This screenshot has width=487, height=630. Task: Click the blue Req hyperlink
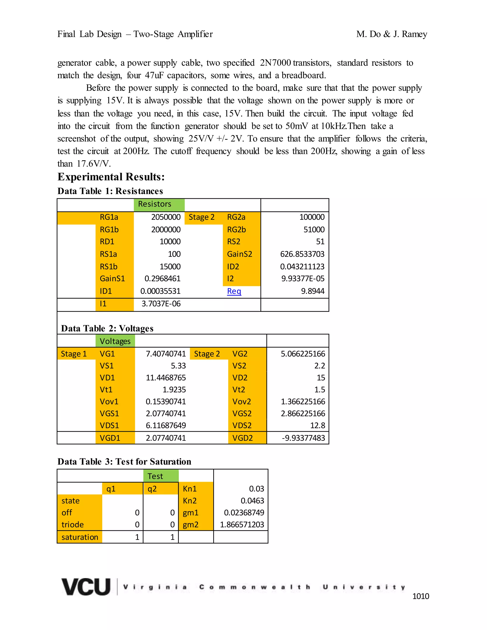[234, 291]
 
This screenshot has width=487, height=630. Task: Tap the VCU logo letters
[86, 587]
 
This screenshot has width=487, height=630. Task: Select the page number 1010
[420, 596]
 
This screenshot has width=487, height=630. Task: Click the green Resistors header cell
[155, 204]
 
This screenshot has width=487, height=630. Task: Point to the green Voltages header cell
[115, 341]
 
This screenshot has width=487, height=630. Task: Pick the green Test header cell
[155, 476]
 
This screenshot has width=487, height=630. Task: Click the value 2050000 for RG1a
[166, 217]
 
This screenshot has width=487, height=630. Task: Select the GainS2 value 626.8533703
[302, 254]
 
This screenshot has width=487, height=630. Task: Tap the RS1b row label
[109, 267]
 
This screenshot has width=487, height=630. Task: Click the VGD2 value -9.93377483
[303, 438]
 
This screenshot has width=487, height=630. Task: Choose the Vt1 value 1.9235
[174, 390]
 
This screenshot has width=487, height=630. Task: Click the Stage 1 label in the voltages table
[73, 354]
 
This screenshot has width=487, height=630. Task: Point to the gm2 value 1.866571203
[242, 524]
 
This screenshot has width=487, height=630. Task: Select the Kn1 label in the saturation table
[190, 489]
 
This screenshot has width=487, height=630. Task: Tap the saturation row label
[80, 537]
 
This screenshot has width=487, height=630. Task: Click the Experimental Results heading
[111, 177]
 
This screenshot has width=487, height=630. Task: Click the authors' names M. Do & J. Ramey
[391, 34]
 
